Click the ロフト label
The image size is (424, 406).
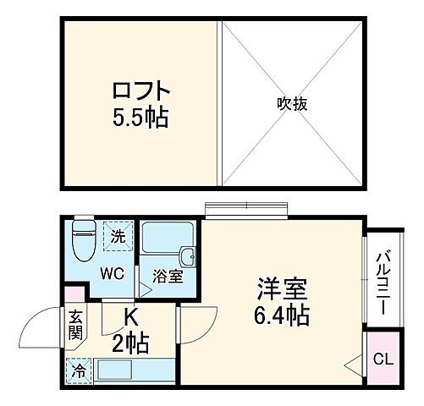pos(140,90)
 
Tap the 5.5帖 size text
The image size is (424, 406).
pos(140,116)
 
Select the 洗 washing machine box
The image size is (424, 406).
pos(119,236)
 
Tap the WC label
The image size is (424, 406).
pos(114,274)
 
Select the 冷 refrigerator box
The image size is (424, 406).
pos(78,370)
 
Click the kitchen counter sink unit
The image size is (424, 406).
pos(130,370)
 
